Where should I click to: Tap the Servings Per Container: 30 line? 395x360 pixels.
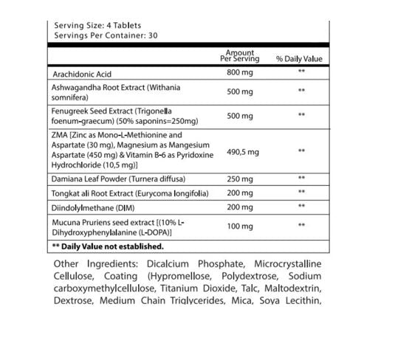pos(105,35)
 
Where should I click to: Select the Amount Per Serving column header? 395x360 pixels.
pos(239,56)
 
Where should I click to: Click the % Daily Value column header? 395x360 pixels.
pos(299,59)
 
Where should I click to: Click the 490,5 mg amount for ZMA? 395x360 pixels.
pos(242,152)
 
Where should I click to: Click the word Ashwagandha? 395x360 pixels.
pos(76,87)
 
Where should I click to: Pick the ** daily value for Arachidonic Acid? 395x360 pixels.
pos(301,72)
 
